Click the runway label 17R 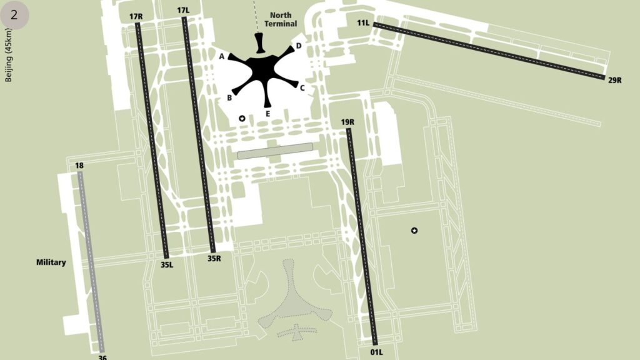pos(136,16)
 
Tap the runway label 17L pos(183,11)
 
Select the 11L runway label pos(363,23)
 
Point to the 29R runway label pos(614,79)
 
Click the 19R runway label pos(348,122)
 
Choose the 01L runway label pos(376,352)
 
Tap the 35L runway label pos(167,264)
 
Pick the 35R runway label pos(214,257)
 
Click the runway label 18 pos(79,166)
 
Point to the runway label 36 pos(102,357)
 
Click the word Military pos(51,262)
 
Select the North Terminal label pos(281,19)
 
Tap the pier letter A pos(221,56)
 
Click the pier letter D pos(299,46)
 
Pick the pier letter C pos(302,88)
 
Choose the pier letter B pos(229,98)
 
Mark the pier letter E pos(267,114)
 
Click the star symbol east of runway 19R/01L pos(414,231)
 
